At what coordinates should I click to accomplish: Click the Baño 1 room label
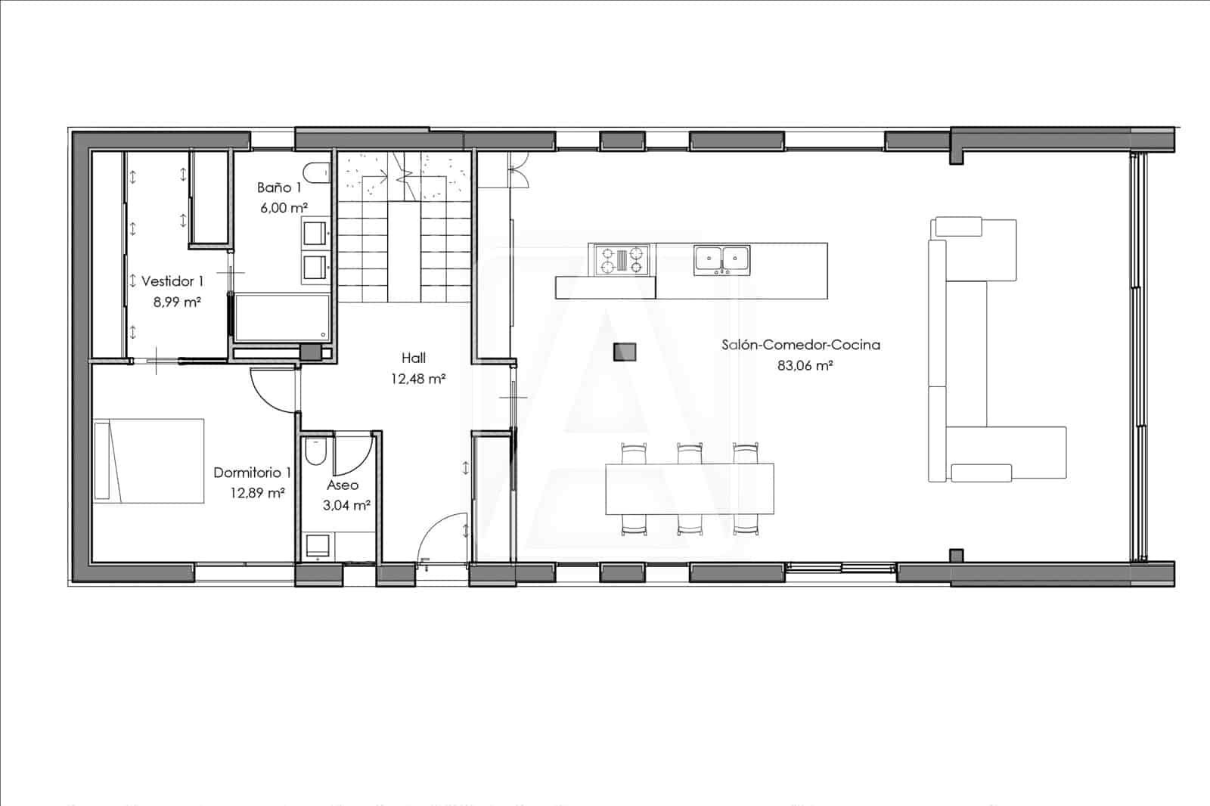click(x=279, y=188)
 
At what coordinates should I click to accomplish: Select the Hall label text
click(x=414, y=358)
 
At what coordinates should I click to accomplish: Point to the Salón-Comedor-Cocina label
click(x=800, y=345)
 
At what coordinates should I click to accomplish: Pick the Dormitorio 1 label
click(x=252, y=473)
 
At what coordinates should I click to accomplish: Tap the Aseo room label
click(x=343, y=485)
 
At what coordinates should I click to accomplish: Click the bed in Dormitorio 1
click(x=149, y=460)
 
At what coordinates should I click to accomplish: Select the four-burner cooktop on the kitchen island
click(x=622, y=259)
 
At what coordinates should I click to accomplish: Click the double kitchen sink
click(x=721, y=259)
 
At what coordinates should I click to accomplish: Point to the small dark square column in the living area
click(x=624, y=352)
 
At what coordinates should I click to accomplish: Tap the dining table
click(x=690, y=488)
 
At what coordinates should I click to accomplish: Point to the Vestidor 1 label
click(x=172, y=281)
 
